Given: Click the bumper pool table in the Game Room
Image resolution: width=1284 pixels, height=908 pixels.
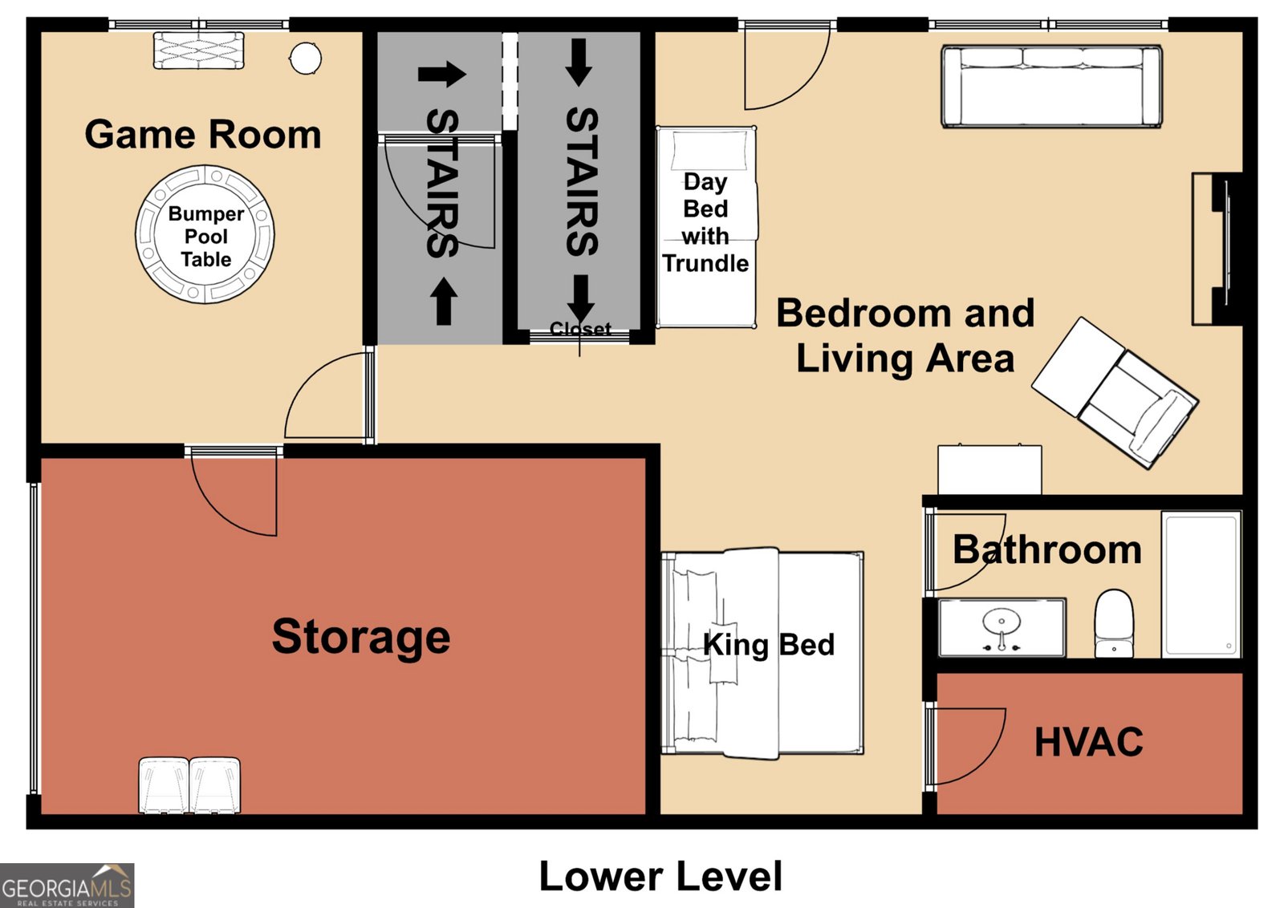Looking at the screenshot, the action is click(x=205, y=234).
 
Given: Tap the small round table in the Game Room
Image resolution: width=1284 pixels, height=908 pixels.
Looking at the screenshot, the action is click(x=306, y=58).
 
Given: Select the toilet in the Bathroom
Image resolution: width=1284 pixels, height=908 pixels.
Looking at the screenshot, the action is click(x=1115, y=623).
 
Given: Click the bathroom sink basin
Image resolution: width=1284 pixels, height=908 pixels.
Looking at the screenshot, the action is click(x=1002, y=622).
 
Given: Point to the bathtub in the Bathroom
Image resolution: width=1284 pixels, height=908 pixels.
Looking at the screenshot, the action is click(x=1201, y=584).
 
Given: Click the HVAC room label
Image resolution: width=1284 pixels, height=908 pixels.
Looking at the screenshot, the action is click(x=1088, y=742).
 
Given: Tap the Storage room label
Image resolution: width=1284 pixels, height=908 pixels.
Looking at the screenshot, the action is click(x=361, y=637).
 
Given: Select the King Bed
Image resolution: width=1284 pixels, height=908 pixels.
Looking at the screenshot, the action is click(x=762, y=653).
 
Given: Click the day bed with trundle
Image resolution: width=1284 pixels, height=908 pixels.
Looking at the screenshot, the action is click(x=706, y=227).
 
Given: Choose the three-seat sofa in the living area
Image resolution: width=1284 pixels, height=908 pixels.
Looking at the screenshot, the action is click(x=1052, y=86).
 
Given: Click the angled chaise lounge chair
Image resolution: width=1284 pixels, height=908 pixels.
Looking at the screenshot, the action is click(x=1115, y=393).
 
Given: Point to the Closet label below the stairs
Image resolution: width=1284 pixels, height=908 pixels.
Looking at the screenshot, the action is click(x=580, y=329).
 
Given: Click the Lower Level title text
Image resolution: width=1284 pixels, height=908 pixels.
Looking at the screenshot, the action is click(x=660, y=876).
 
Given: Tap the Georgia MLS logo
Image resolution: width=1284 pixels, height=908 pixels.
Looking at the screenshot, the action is click(x=67, y=885).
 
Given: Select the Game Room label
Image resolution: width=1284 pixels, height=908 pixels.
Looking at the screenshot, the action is click(x=203, y=135).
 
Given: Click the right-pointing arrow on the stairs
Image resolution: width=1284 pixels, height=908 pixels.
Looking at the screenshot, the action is click(x=442, y=74).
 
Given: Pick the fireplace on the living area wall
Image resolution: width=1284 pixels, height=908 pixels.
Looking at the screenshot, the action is click(x=1217, y=249).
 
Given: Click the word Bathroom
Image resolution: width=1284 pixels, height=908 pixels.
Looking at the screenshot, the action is click(x=1047, y=550).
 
